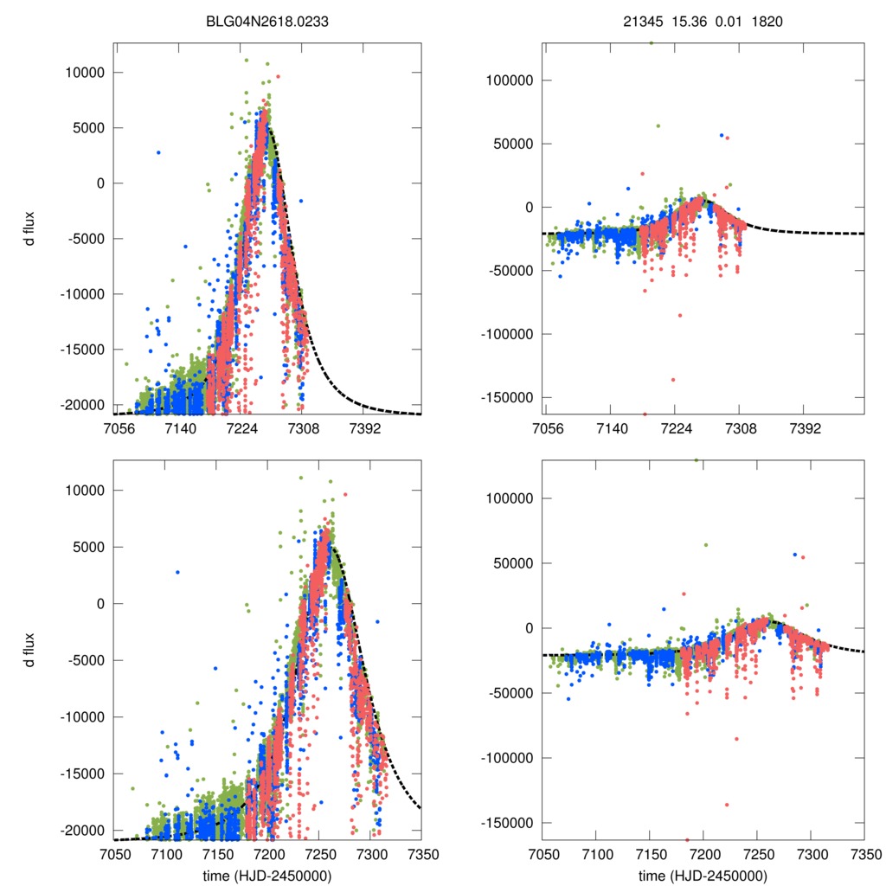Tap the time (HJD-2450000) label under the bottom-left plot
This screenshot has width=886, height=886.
[268, 876]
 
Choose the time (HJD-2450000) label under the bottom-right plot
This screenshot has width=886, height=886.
[703, 876]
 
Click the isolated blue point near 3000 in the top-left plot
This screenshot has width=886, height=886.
[158, 152]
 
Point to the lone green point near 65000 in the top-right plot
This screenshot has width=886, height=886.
[658, 125]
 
